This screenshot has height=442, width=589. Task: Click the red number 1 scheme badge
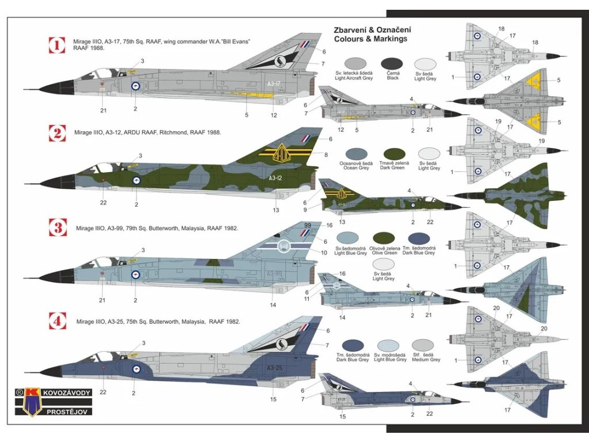[57, 45]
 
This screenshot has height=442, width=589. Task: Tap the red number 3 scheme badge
[57, 227]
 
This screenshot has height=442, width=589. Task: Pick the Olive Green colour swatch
[383, 238]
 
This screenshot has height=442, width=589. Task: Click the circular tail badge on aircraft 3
[283, 246]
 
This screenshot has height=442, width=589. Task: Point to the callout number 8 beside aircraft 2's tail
[326, 154]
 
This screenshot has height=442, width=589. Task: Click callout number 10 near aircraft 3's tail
[324, 252]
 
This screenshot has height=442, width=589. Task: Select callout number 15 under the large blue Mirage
[273, 399]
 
